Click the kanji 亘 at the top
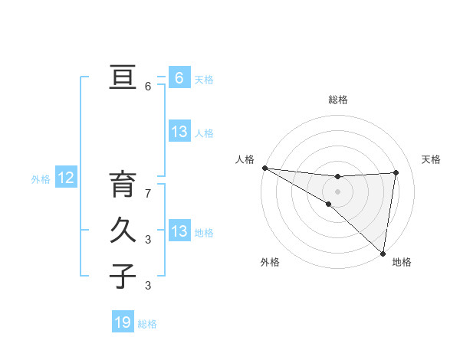coord(123,78)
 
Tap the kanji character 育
coord(123,186)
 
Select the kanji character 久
coord(123,231)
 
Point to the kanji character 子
coord(123,276)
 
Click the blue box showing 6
coord(179,77)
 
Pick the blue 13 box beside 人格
coord(179,132)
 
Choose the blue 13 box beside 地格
coord(179,231)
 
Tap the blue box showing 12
coord(66,178)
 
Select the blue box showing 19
coord(123,322)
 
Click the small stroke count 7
coord(148,194)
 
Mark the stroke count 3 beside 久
coord(148,240)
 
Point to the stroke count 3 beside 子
coord(148,286)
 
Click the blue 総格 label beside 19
coord(147,324)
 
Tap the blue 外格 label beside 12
coord(41,179)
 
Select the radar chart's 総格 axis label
coord(337,100)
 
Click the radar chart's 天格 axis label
coord(432,159)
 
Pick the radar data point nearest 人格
coord(264,168)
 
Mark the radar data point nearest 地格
coord(382,253)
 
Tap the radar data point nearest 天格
coord(396,172)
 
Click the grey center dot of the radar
coord(337,190)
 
